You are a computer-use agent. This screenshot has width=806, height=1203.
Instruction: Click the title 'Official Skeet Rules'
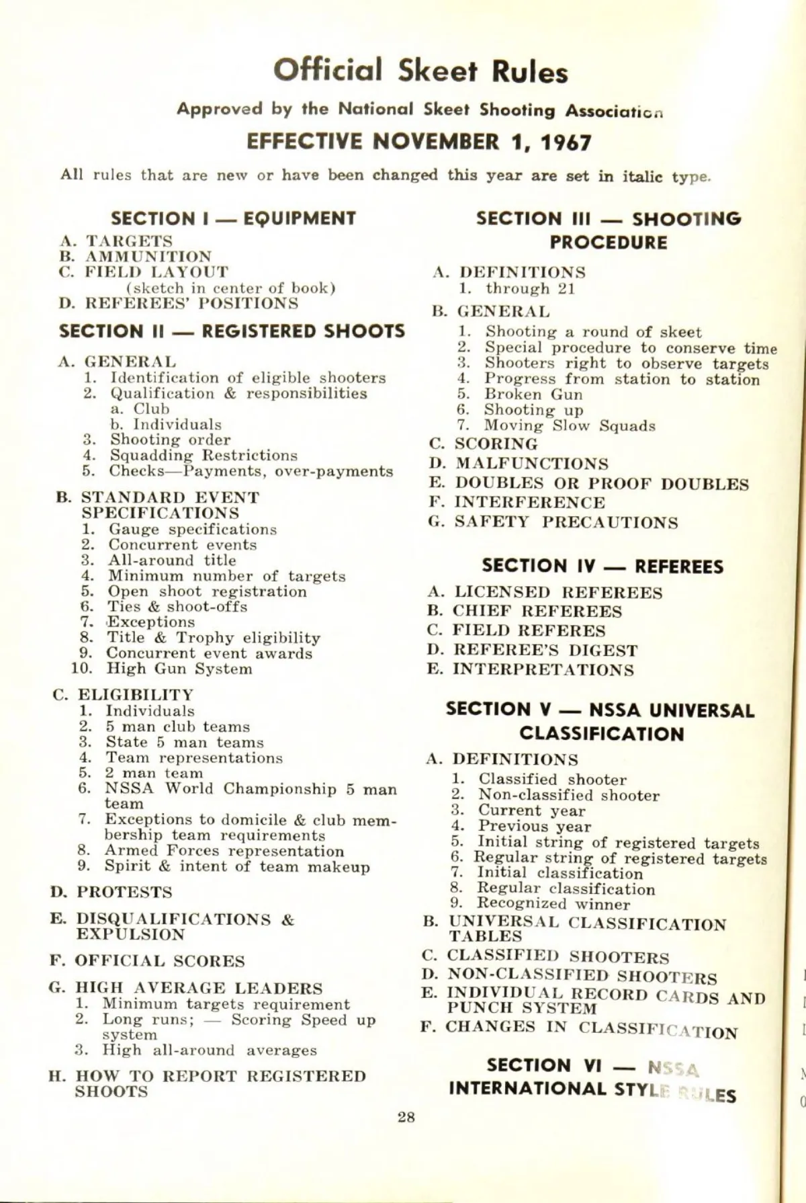tap(420, 71)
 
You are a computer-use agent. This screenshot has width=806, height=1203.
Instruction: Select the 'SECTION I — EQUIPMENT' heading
tap(233, 218)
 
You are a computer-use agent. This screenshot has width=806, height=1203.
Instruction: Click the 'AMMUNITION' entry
tap(148, 257)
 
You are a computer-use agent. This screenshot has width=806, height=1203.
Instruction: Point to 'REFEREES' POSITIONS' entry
tap(191, 303)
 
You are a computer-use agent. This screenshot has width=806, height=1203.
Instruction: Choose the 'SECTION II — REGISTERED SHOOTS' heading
tap(232, 331)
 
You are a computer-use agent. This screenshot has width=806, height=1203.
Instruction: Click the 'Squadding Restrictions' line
tap(204, 456)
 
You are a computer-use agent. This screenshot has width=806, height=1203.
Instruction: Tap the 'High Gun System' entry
tap(179, 669)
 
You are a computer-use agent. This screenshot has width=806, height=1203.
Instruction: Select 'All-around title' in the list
tap(172, 560)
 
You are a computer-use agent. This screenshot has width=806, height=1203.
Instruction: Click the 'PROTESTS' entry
tap(124, 893)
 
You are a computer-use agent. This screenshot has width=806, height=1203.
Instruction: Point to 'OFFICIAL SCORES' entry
tap(160, 961)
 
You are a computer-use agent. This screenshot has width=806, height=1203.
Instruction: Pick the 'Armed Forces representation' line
tap(224, 851)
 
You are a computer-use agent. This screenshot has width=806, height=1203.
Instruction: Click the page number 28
tap(406, 1117)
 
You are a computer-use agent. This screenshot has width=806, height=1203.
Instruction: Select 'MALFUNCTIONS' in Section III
tap(532, 464)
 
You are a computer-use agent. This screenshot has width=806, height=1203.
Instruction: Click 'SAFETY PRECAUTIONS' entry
tap(566, 522)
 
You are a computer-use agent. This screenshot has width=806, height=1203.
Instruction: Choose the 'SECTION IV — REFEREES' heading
tap(602, 567)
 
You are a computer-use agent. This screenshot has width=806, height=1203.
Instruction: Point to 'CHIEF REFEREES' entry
tap(537, 612)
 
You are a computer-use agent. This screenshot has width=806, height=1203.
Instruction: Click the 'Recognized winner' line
tap(553, 904)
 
